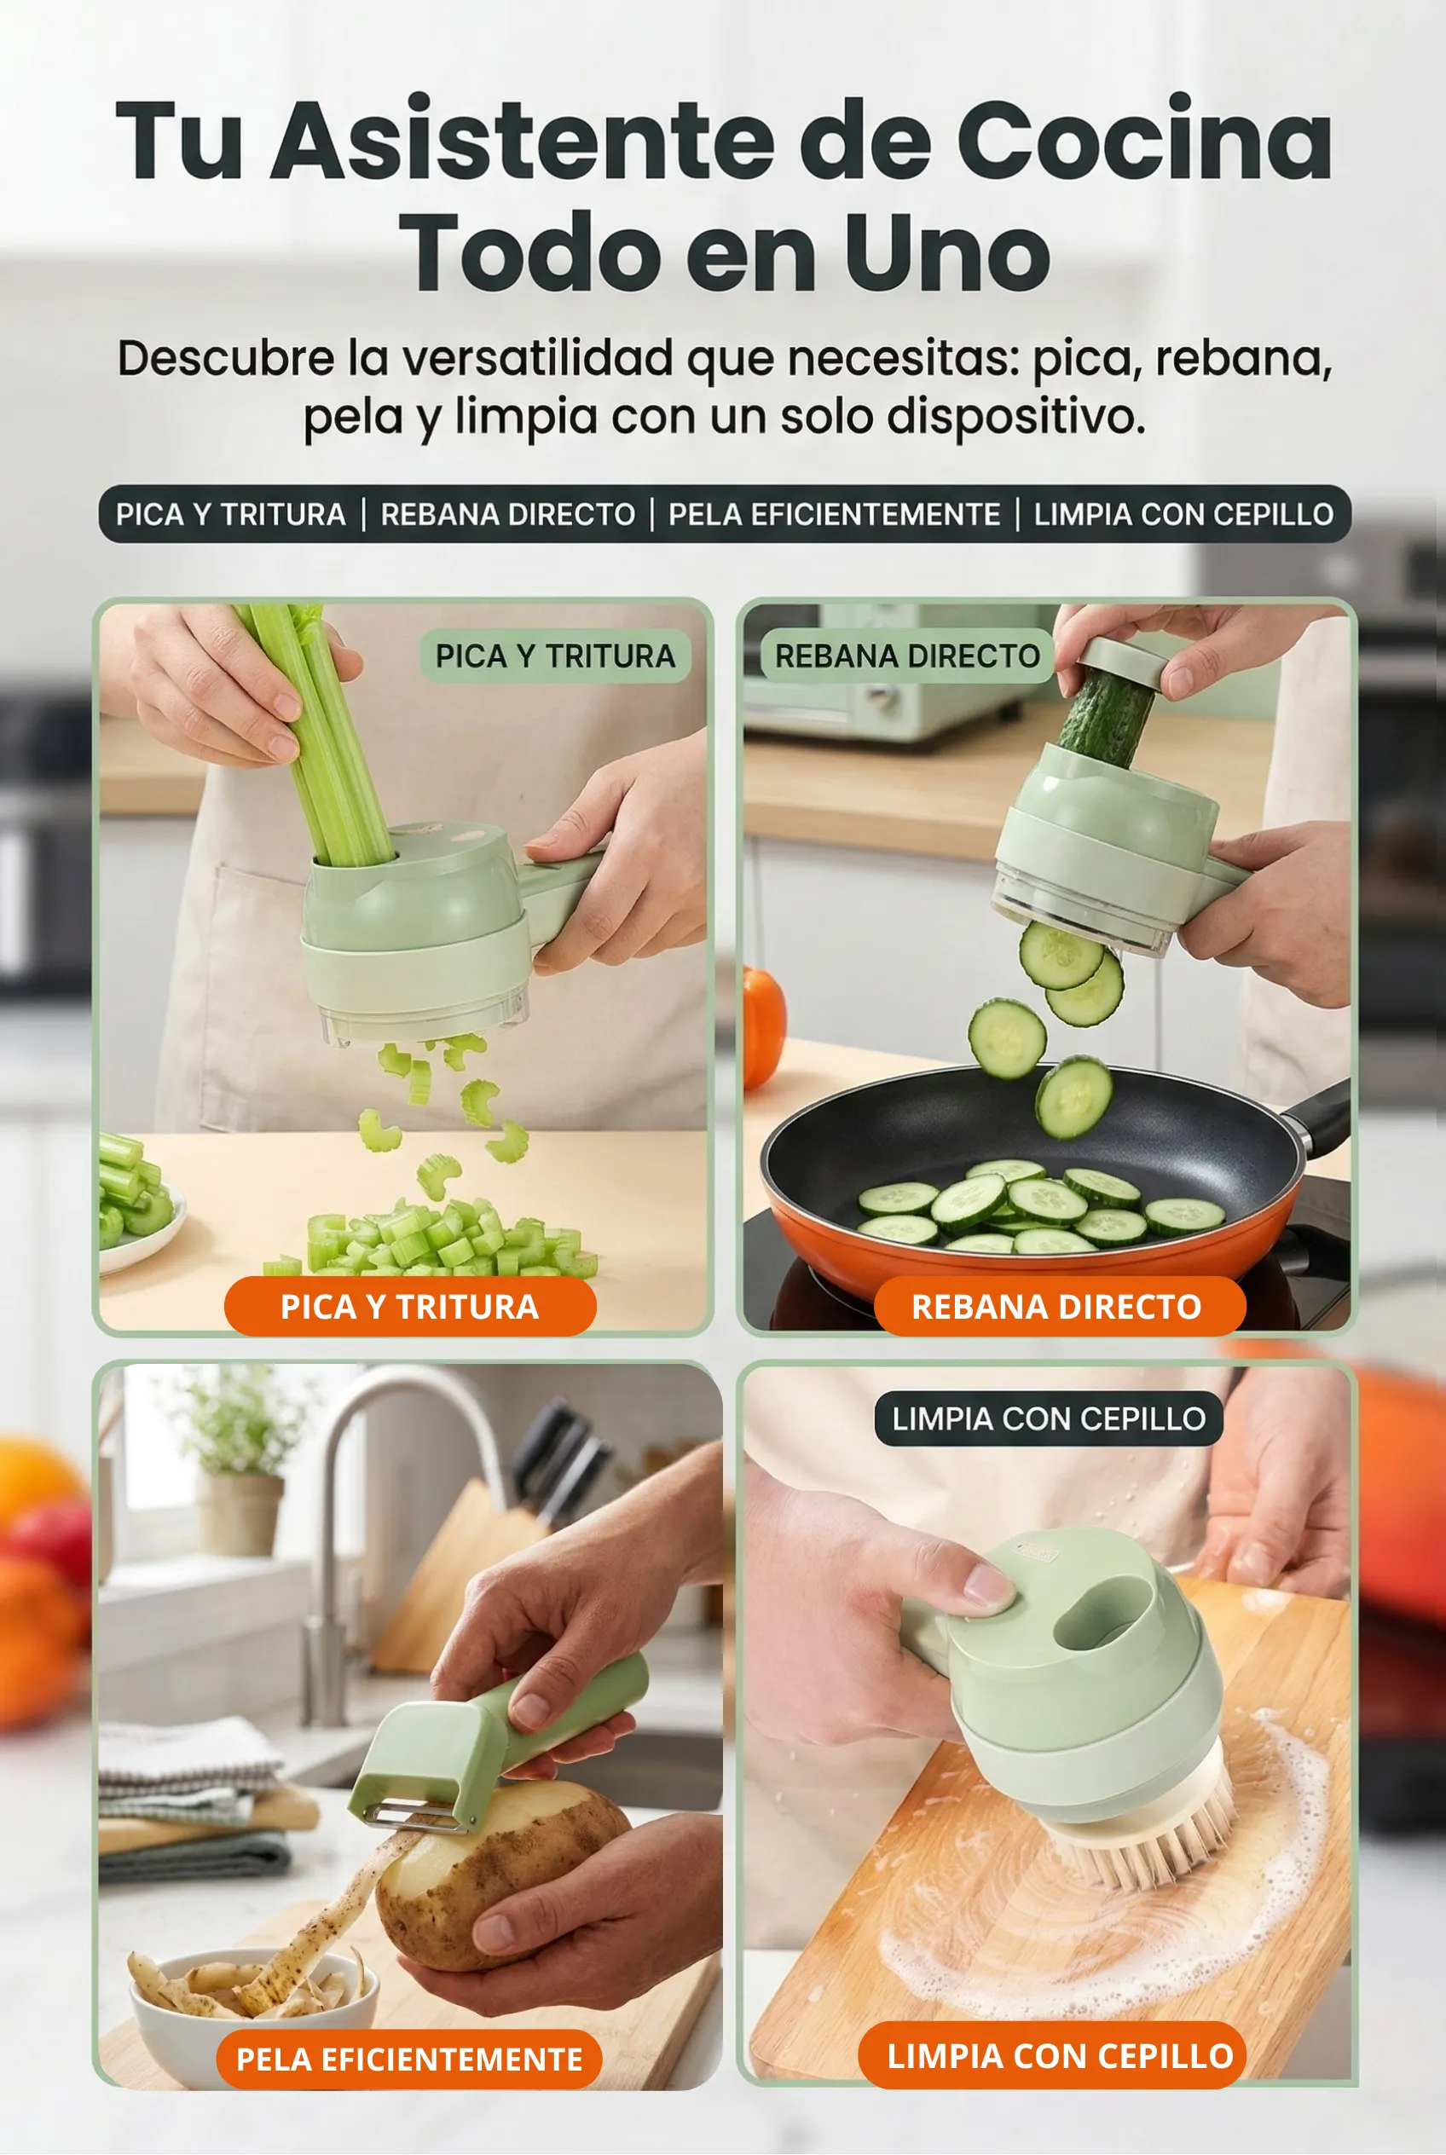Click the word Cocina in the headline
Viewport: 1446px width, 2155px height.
click(1143, 140)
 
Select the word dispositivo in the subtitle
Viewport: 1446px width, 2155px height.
click(1016, 417)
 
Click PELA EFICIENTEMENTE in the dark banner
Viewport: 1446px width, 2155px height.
click(834, 514)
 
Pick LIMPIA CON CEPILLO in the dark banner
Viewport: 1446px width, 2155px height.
click(1183, 514)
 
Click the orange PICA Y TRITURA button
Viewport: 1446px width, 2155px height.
click(409, 1306)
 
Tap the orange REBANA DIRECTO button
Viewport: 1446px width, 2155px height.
click(1060, 1306)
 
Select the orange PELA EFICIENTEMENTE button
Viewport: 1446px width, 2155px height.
click(408, 2060)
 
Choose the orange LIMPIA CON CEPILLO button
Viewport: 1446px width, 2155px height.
click(1052, 2055)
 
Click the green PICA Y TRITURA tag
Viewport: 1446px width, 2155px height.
click(555, 656)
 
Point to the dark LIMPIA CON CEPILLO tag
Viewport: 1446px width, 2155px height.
click(1049, 1418)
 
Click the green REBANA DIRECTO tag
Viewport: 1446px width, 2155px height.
click(907, 656)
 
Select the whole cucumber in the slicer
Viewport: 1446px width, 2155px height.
click(1105, 718)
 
